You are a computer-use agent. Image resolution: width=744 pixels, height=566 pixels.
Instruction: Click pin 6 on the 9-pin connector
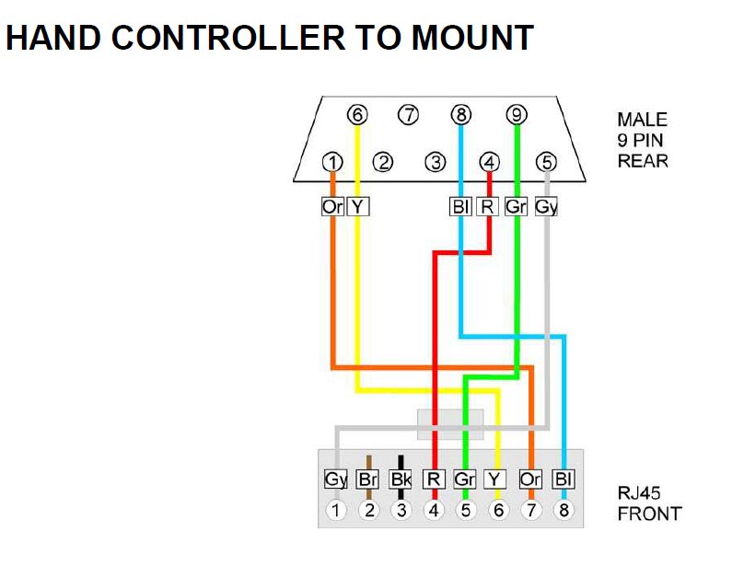tap(357, 115)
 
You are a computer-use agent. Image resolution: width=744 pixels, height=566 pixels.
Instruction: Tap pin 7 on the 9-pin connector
tap(408, 115)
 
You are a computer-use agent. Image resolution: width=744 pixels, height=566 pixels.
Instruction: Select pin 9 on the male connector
tap(517, 115)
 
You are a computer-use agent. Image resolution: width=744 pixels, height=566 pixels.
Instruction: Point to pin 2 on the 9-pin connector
tap(383, 163)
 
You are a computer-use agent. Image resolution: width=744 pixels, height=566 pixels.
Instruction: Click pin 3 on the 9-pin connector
tap(435, 163)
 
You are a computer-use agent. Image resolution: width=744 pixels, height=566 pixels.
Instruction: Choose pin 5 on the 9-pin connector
tap(547, 163)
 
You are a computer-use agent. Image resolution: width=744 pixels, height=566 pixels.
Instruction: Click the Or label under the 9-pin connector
tap(332, 207)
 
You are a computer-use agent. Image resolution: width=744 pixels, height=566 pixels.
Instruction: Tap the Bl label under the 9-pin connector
tap(461, 207)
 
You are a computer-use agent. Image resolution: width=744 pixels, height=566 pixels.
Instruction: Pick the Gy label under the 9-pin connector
tap(546, 207)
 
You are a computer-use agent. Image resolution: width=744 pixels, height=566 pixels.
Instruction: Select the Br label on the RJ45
tap(367, 479)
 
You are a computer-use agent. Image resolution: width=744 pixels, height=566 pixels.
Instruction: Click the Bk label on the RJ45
tap(401, 479)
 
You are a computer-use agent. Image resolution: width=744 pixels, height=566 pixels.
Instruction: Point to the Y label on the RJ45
tap(497, 479)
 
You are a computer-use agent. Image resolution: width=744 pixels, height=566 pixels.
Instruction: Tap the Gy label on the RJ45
tap(335, 479)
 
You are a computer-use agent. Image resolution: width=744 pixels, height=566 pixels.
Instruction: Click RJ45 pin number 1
tap(337, 509)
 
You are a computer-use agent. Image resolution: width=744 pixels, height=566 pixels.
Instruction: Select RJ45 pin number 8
tap(564, 509)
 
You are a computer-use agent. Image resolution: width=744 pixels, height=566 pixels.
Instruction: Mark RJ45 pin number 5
tap(466, 509)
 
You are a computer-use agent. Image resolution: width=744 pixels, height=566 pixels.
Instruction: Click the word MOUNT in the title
tap(472, 38)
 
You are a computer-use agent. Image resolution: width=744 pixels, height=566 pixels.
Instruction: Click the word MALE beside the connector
tap(642, 120)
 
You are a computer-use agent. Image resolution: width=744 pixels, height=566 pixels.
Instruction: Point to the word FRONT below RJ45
tap(649, 514)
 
